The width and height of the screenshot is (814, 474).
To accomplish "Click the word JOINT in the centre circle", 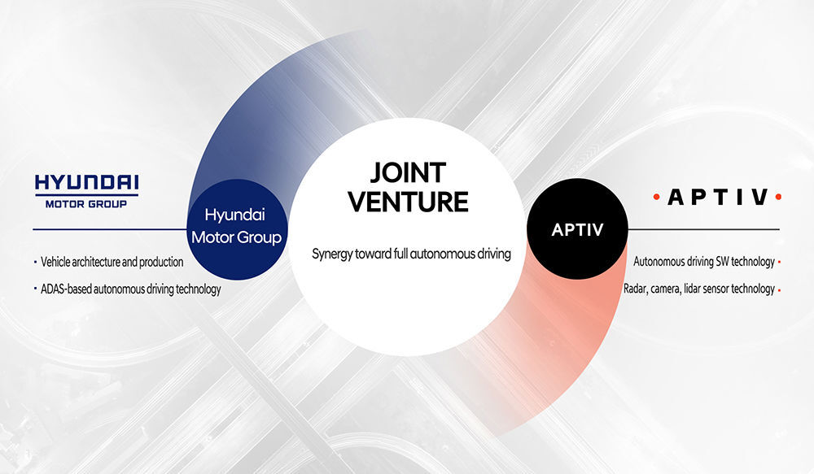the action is (x=408, y=172).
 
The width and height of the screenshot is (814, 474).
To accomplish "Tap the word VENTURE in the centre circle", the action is (x=408, y=202).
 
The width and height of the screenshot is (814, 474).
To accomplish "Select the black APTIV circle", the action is (x=577, y=228).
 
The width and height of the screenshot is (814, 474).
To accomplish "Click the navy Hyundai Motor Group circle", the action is (x=237, y=229).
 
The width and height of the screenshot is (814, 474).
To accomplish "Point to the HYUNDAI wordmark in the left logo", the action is (x=87, y=183).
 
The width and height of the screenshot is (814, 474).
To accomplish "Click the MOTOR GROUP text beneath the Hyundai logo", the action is (x=86, y=204).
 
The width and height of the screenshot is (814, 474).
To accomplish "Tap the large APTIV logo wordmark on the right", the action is (x=717, y=197).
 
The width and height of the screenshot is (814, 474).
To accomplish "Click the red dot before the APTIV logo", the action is (x=657, y=197).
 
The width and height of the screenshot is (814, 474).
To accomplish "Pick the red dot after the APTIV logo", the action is (x=777, y=197).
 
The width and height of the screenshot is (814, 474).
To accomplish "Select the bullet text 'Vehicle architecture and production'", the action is (x=112, y=262).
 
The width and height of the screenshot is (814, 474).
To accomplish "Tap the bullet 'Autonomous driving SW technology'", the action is (x=704, y=261).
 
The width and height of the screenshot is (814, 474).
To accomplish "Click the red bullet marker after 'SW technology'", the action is (x=779, y=263).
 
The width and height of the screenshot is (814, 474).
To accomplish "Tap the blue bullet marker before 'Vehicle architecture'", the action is (x=35, y=263).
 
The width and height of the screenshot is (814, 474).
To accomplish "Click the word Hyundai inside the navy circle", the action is (x=234, y=215).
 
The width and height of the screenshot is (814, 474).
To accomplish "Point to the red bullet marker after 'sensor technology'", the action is (x=779, y=289).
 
